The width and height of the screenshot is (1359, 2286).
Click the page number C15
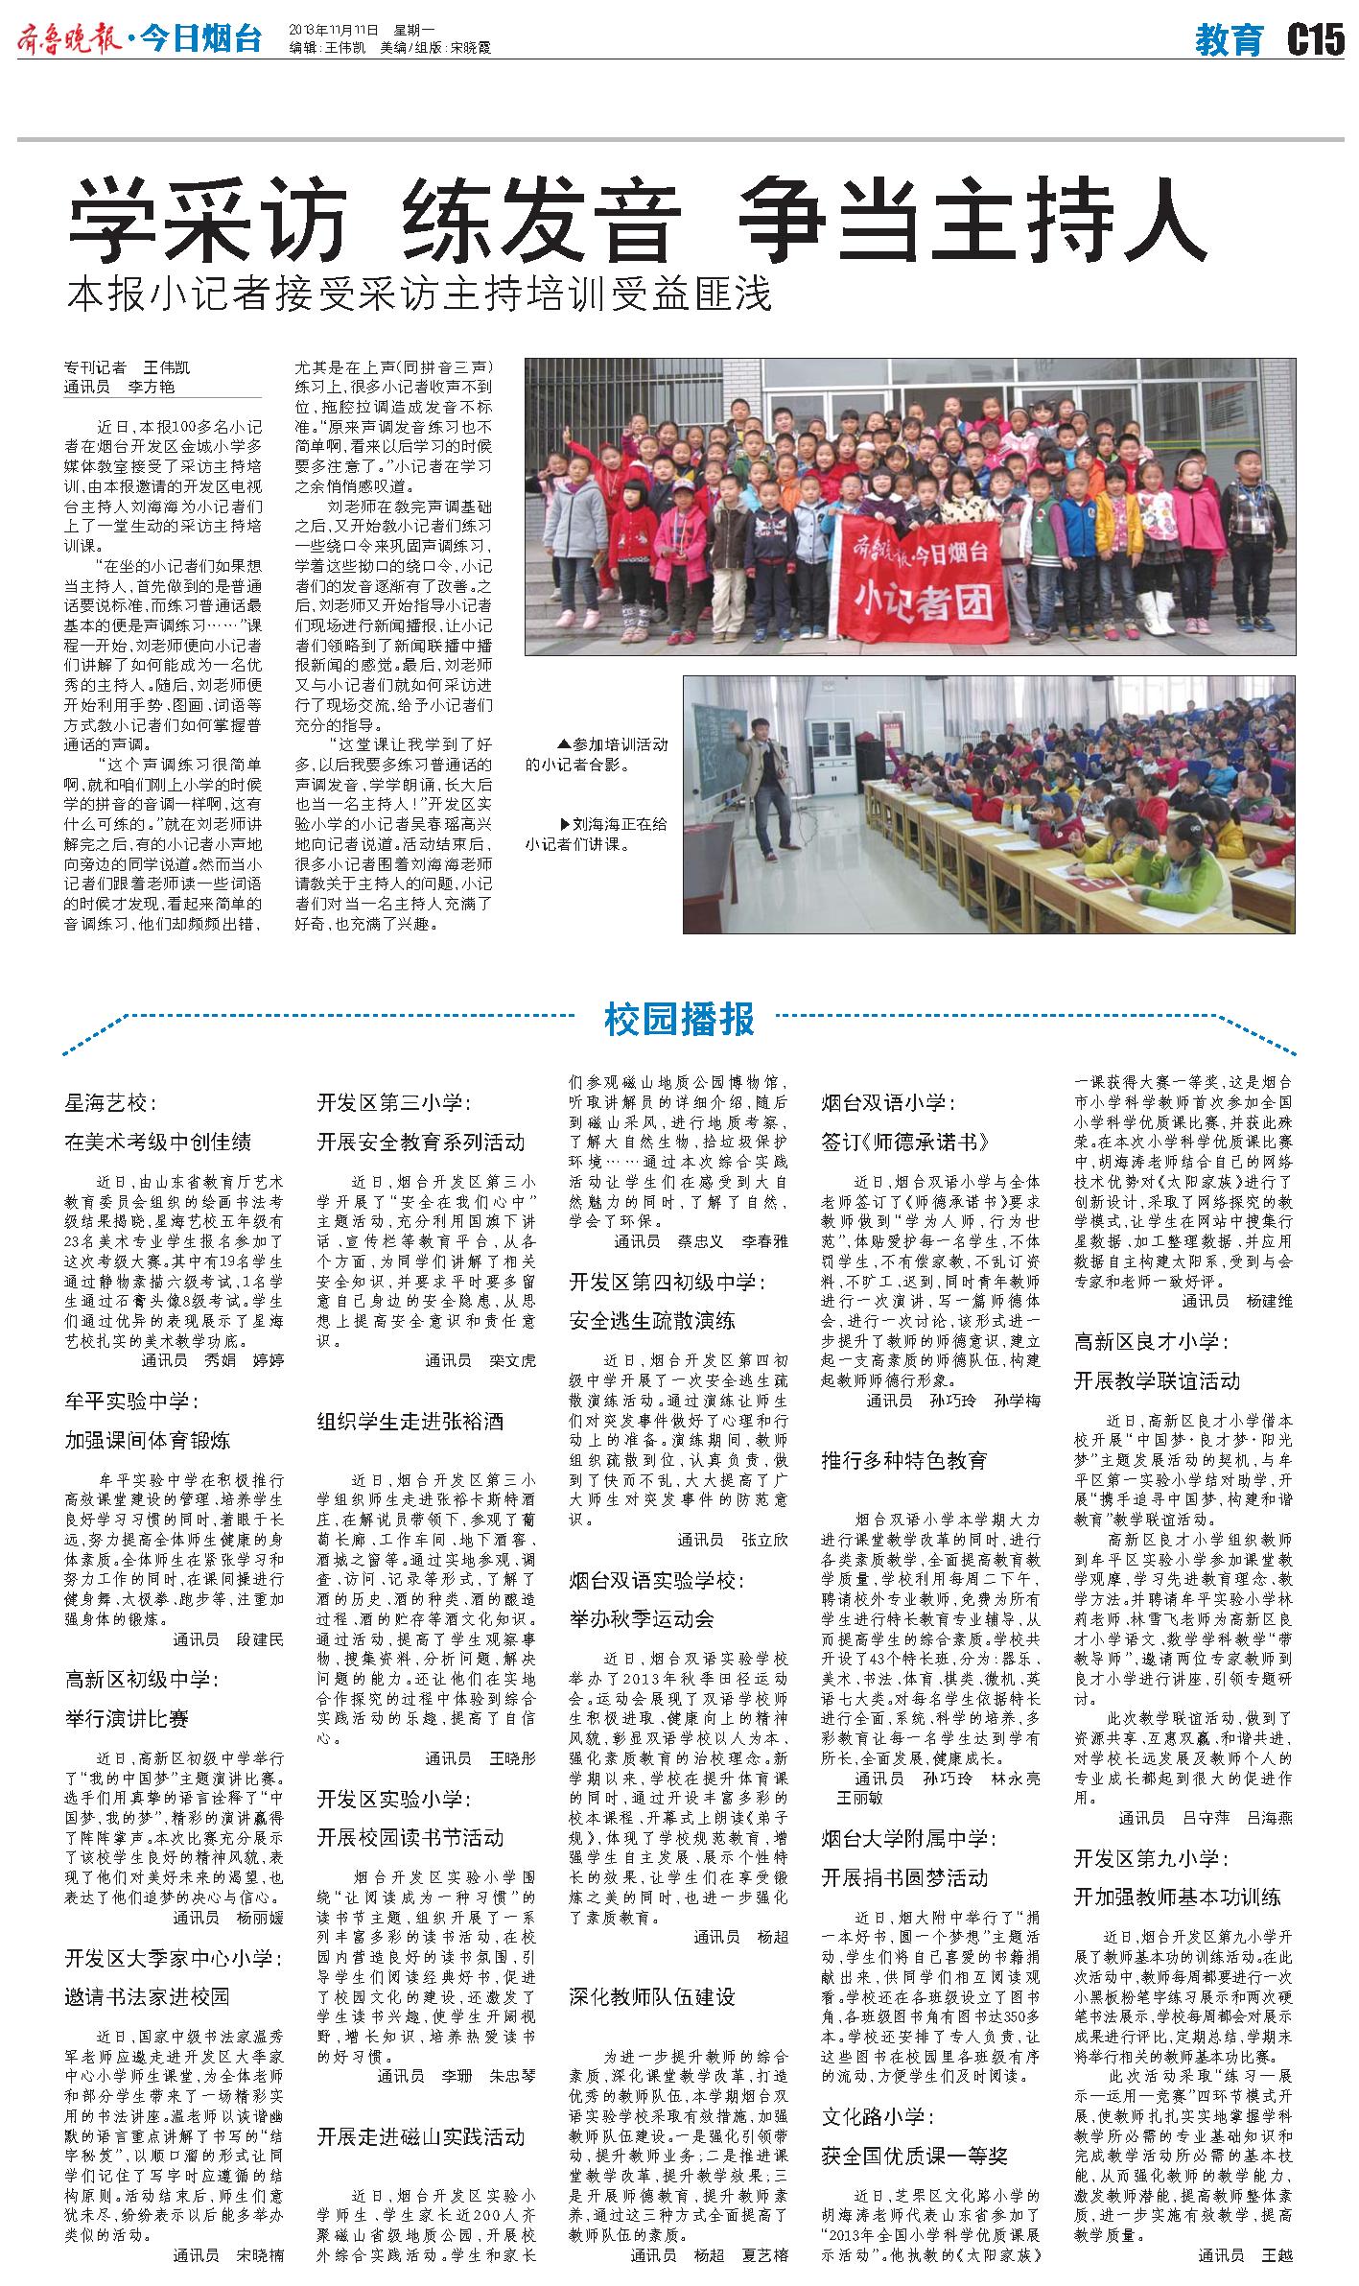point(1315,40)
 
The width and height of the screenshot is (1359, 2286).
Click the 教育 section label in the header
point(1230,41)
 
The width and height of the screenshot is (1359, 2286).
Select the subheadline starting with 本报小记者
point(419,295)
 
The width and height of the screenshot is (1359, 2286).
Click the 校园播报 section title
point(679,1019)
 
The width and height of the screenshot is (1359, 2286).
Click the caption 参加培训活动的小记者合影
point(597,755)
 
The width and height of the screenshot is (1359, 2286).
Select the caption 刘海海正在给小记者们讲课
point(597,834)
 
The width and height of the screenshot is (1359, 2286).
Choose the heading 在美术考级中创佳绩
point(158,1142)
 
